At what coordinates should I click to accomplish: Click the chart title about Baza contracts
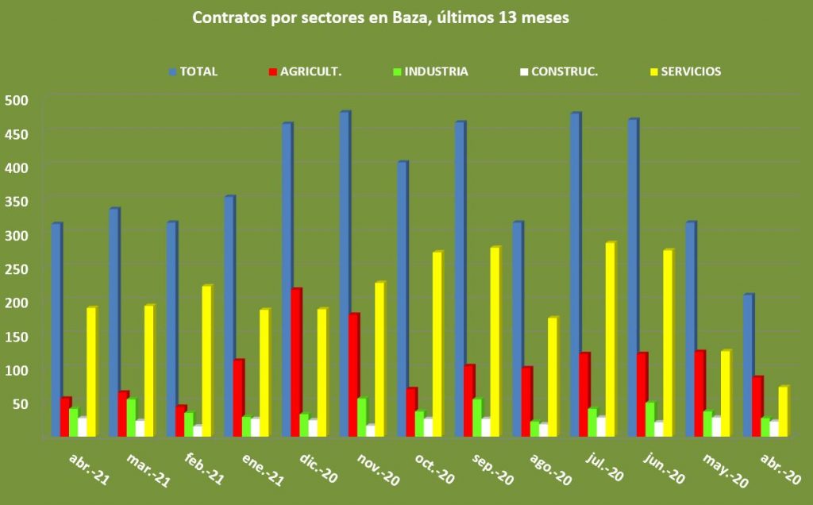380,17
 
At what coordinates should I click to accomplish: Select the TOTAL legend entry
198,71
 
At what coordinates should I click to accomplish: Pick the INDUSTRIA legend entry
436,71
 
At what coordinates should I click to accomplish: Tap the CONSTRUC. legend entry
564,71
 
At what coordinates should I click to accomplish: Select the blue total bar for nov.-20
344,274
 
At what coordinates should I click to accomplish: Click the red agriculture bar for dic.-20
295,362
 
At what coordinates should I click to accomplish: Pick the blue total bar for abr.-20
747,365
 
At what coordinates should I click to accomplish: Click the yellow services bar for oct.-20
437,344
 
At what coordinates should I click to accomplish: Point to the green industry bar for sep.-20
476,417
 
